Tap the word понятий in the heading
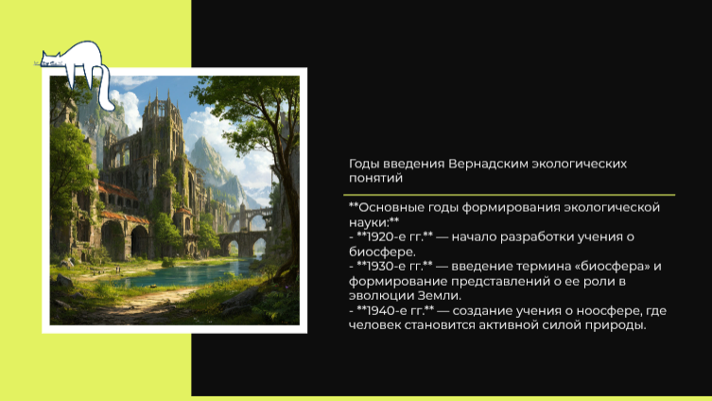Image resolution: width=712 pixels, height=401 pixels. (x=376, y=178)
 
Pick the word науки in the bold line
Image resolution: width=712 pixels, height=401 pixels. (x=367, y=222)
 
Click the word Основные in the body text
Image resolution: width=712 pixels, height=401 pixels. (x=389, y=207)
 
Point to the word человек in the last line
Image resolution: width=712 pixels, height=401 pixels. (x=374, y=325)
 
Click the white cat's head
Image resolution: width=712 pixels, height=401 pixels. (x=51, y=60)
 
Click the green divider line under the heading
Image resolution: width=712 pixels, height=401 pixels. (x=510, y=195)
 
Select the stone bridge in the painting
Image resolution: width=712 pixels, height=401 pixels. (x=243, y=240)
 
